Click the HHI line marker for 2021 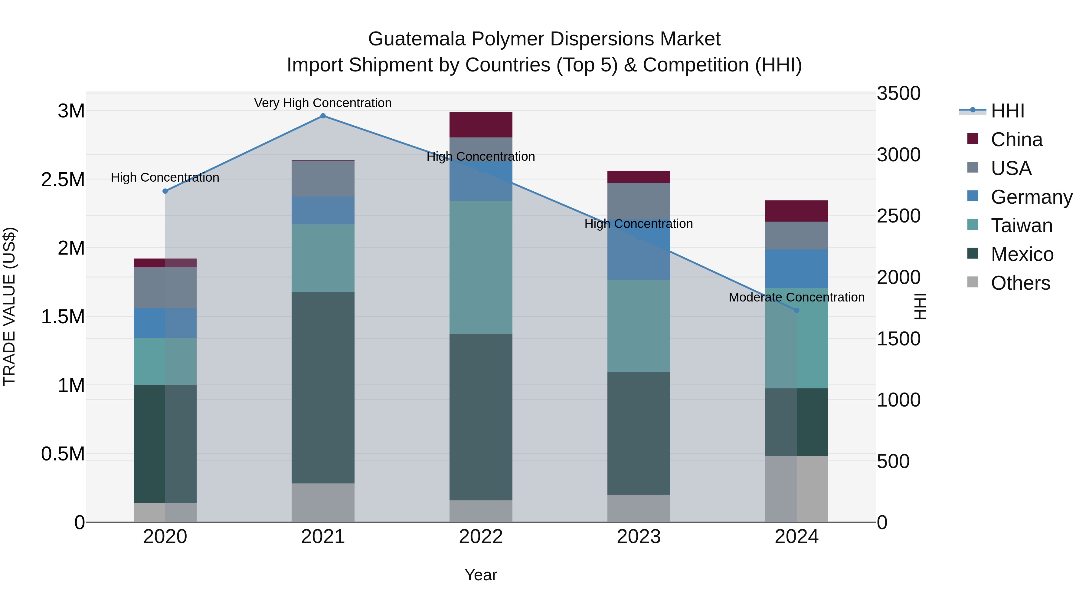point(323,116)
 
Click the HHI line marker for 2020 point(165,191)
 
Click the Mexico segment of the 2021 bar point(323,387)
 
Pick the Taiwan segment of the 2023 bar point(639,326)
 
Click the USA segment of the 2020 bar point(165,288)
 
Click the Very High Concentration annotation point(323,103)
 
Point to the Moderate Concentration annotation point(796,297)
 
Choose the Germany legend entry point(1031,197)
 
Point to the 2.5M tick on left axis point(63,180)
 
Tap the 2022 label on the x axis point(481,537)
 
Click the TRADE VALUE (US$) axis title point(9,306)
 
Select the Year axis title point(481,575)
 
